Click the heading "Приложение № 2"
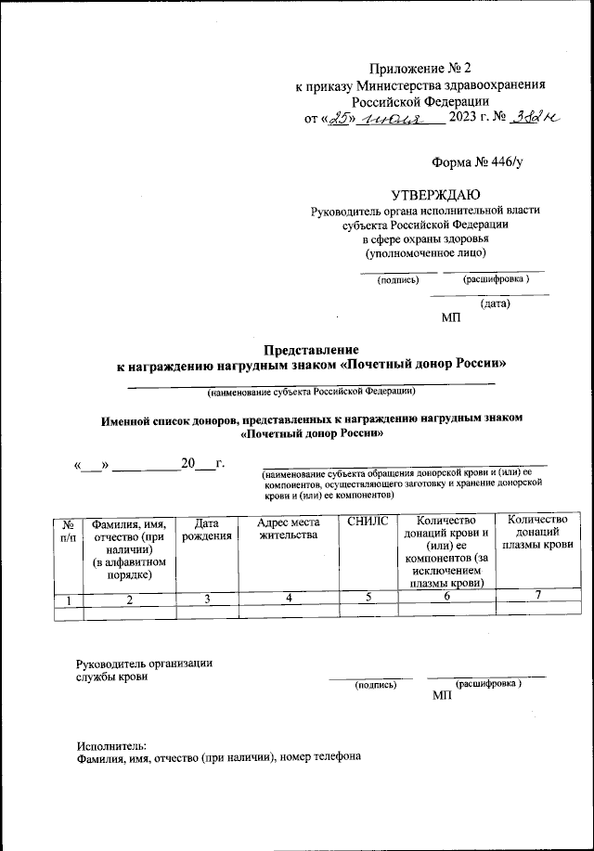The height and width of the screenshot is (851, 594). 420,67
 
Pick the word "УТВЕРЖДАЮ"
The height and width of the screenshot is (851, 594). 435,194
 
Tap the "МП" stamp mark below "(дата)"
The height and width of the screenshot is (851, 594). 451,318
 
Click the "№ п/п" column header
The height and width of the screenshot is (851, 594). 68,531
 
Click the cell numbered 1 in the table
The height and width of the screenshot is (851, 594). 68,600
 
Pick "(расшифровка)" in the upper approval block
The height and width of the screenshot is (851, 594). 497,278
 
